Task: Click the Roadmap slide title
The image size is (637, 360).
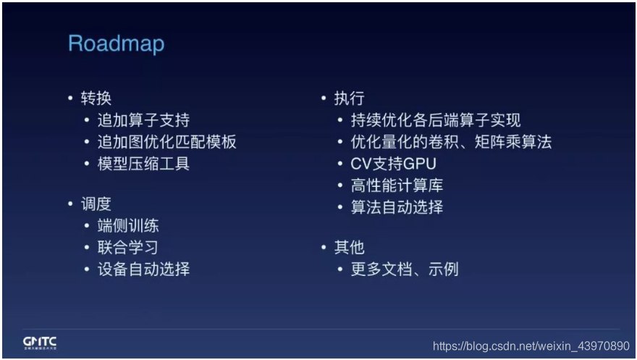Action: point(117,43)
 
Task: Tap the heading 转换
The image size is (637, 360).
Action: point(96,99)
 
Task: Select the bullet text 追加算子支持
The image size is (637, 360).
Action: point(143,120)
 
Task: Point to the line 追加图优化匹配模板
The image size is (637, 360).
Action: point(166,142)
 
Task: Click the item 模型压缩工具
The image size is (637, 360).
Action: point(143,164)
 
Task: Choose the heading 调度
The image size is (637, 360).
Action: point(96,204)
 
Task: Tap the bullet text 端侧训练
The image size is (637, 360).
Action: point(128,225)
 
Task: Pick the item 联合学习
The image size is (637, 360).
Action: point(128,247)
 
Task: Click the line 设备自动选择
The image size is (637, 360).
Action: point(143,269)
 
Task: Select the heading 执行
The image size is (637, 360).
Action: point(350,99)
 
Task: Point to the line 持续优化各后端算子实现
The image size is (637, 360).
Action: point(436,120)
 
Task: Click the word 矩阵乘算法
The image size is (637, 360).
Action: point(513,142)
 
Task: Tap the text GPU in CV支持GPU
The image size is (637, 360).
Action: point(420,164)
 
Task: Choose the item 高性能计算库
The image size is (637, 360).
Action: point(397,185)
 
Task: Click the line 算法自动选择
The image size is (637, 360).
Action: point(397,207)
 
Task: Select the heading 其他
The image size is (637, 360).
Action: point(350,247)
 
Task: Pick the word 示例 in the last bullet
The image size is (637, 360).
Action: point(443,269)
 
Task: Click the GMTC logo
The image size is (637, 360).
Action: point(40,343)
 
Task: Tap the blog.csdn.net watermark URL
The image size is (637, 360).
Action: point(531,346)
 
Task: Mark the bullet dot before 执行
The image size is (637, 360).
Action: point(324,98)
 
